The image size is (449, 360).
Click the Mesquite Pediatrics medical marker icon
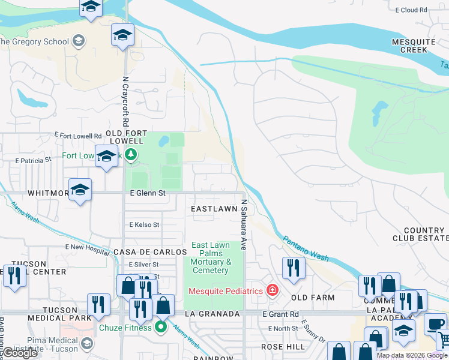273,291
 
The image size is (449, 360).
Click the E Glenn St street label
148,193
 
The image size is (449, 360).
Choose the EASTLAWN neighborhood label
214,209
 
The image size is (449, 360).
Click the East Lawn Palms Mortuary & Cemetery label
211,257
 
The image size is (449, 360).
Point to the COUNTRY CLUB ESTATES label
424,235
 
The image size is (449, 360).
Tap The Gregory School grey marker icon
78,41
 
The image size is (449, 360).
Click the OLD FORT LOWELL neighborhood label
125,136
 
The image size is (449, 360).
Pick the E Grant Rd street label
280,314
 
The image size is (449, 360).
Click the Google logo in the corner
20,353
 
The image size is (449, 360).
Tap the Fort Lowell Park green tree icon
131,155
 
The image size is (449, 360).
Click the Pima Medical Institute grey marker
87,343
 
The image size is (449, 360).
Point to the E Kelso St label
144,225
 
